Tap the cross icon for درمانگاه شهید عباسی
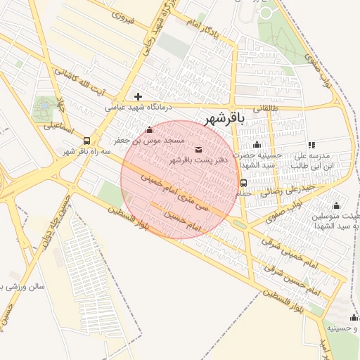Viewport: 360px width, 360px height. coord(138,96)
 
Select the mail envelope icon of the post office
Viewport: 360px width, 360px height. coord(198,149)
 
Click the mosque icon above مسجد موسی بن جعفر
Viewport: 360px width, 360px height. coord(148,130)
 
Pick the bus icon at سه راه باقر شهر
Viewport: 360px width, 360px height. coord(86,140)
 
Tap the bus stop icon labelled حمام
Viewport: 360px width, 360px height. coord(243,183)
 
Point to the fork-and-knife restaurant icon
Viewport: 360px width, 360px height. coord(311,145)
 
